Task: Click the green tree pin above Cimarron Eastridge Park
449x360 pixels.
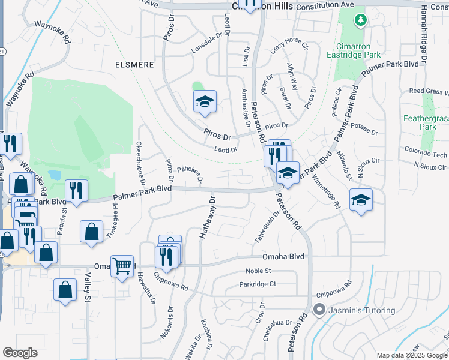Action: [360, 21]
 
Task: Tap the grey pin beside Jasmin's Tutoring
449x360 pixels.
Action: [318, 310]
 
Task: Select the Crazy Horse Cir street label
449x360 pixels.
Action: [289, 46]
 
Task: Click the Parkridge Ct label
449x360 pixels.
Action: [257, 284]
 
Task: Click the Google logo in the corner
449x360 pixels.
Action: [20, 353]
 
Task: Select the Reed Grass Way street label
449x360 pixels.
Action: [429, 92]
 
